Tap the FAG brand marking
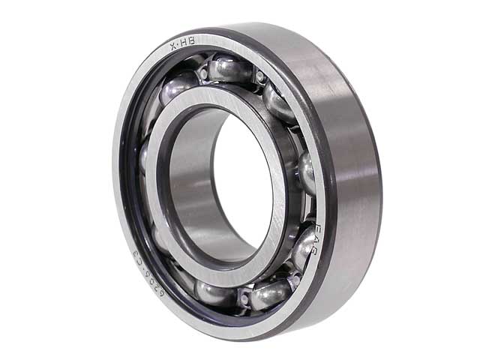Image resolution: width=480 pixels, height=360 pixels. pos(316,238)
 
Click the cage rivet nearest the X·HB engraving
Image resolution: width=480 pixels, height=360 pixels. pos(203,73)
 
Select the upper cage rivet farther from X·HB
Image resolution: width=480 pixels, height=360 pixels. pos(259,76)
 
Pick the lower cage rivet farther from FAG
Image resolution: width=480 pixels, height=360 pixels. pos(244,298)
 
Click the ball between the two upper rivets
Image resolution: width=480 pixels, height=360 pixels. pos(229,69)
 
